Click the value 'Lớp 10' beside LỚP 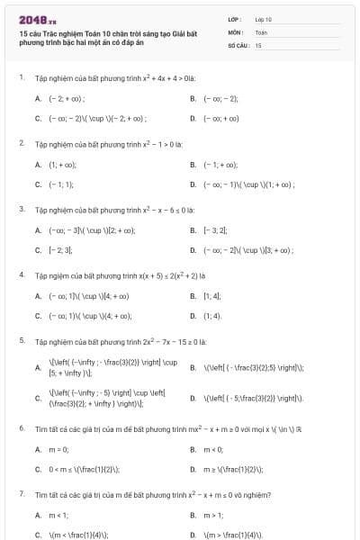pos(263,18)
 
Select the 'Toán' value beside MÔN pos(261,31)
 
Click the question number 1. pos(21,77)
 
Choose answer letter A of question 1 pos(38,98)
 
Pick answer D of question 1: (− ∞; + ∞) pos(220,118)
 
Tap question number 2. pos(21,143)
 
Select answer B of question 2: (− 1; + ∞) pos(220,165)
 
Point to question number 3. pos(21,209)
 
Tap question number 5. pos(21,341)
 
